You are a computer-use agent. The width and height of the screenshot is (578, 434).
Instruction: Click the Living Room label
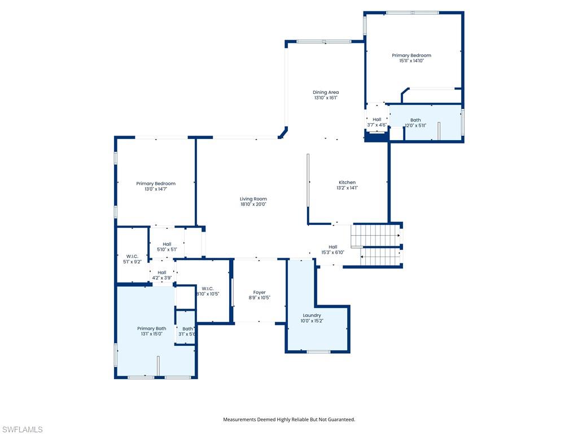click(x=253, y=199)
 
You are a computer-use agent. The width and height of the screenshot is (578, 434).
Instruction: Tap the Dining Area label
click(x=326, y=92)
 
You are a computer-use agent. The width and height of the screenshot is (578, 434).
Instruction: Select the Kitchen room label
click(x=347, y=183)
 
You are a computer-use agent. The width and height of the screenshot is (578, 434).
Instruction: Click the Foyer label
click(x=259, y=292)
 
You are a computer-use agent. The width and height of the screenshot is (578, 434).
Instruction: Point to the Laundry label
click(x=312, y=315)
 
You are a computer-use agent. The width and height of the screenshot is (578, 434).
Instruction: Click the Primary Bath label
click(x=151, y=328)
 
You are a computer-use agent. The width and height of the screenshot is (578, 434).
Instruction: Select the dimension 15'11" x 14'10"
click(x=411, y=61)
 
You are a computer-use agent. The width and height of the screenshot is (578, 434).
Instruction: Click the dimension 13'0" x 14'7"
click(x=156, y=189)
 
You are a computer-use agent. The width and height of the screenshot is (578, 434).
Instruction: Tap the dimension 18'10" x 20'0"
click(x=253, y=205)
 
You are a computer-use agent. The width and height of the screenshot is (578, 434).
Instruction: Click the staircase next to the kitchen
click(x=376, y=245)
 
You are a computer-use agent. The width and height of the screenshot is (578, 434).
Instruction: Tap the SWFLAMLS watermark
click(x=22, y=429)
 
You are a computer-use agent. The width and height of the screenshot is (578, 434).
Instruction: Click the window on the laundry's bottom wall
click(x=318, y=352)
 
